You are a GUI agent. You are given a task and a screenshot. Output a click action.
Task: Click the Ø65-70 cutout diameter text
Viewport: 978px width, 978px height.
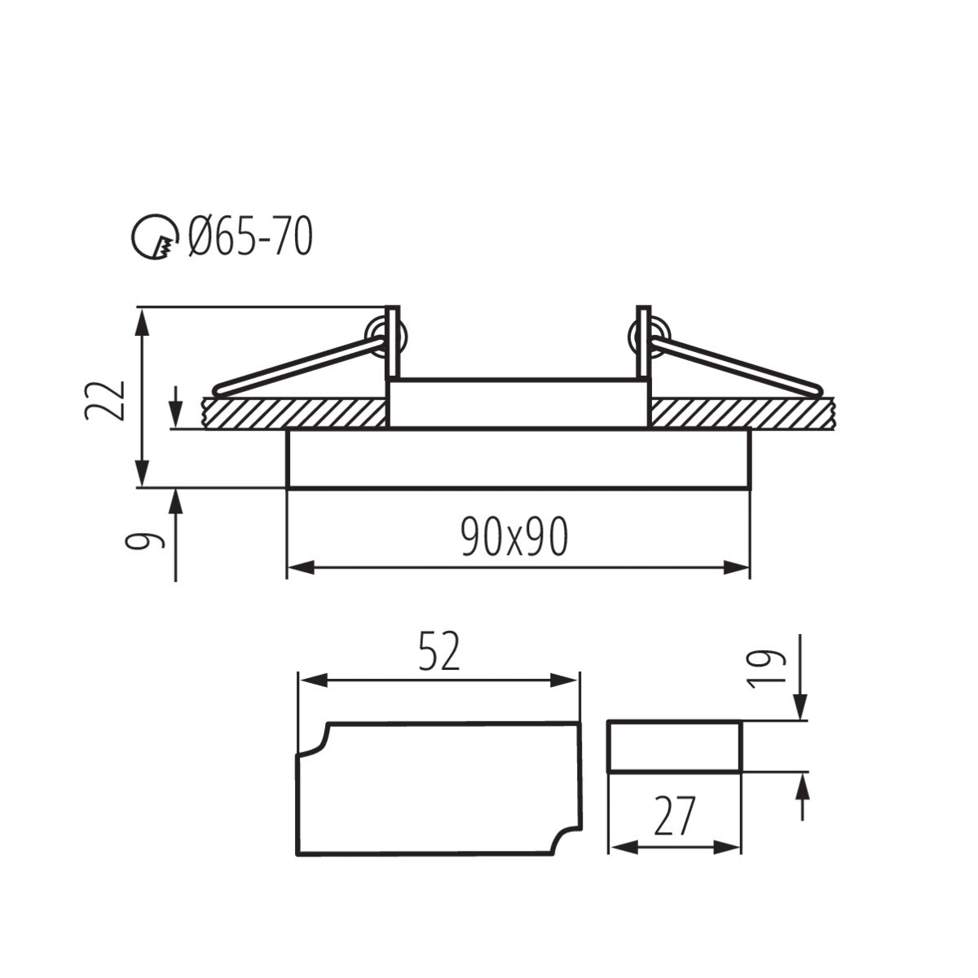(250, 238)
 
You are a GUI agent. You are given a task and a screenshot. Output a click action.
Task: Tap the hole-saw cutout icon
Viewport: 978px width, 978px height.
(154, 238)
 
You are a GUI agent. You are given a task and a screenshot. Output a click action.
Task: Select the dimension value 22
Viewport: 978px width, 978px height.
(105, 399)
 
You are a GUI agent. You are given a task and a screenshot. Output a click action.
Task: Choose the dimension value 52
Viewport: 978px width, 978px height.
(439, 652)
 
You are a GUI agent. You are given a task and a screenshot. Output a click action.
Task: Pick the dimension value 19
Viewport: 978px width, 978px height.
(766, 668)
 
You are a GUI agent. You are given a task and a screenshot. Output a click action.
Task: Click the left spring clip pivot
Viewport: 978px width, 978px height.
(377, 335)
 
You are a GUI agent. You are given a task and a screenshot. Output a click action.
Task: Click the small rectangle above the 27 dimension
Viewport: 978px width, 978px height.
(675, 746)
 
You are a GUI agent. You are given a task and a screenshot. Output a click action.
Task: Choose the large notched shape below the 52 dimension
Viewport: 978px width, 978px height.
(438, 789)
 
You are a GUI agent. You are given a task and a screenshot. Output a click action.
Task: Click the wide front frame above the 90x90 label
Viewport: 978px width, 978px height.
(518, 458)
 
